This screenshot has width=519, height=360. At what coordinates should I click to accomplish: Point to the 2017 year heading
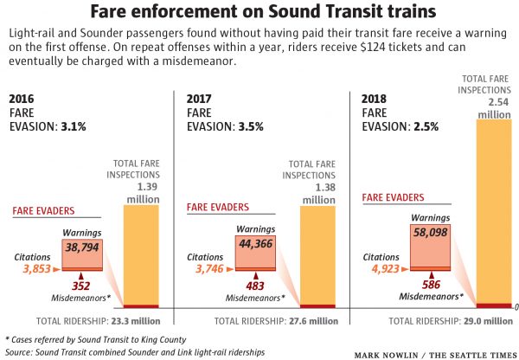pyautogui.click(x=200, y=99)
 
